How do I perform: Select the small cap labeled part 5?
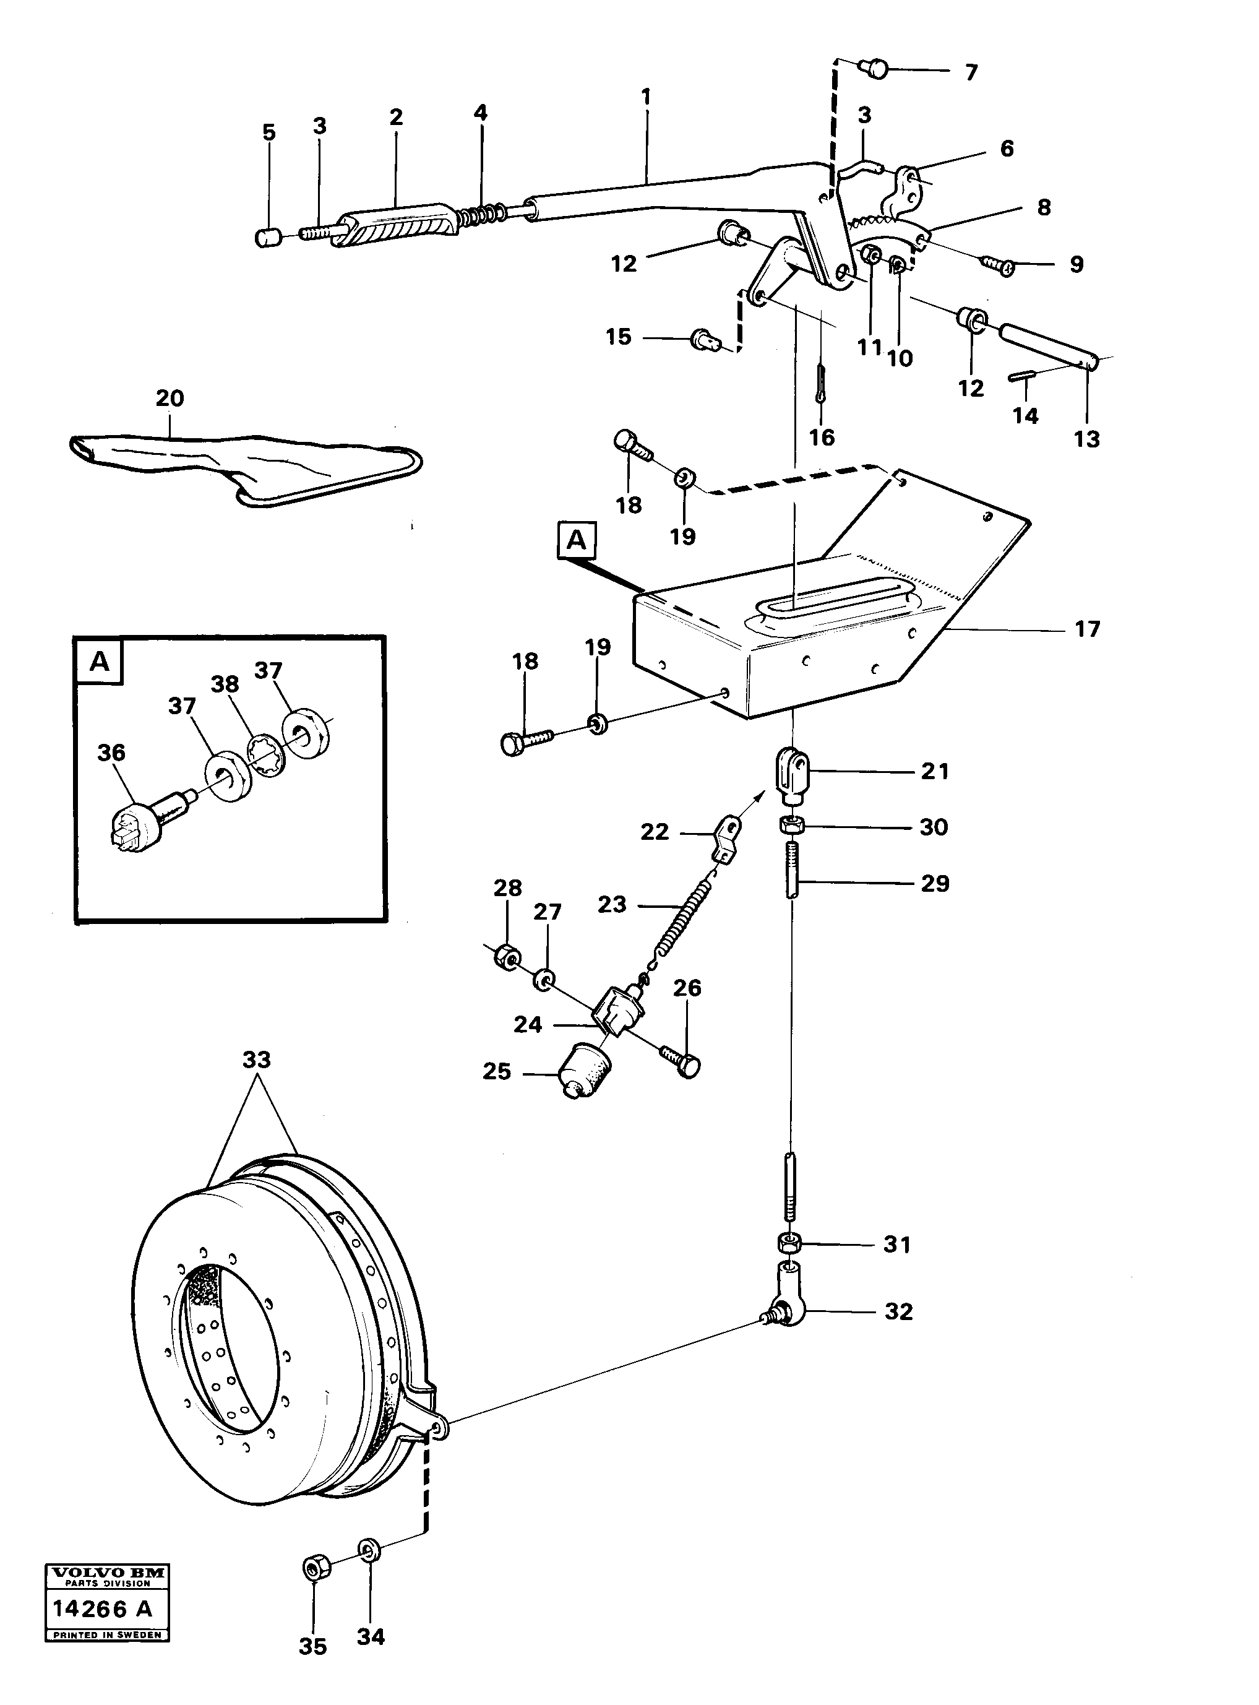tap(267, 237)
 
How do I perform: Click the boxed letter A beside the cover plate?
tap(577, 540)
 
